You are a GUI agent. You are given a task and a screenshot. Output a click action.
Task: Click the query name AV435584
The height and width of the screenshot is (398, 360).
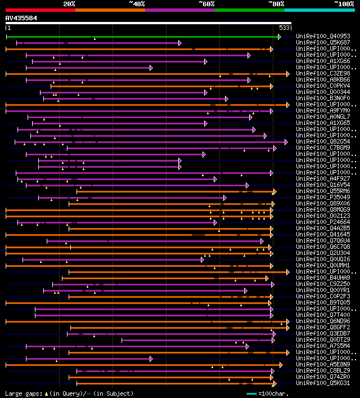point(21,18)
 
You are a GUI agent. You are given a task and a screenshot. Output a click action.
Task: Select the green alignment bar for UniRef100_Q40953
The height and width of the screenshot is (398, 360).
point(141,37)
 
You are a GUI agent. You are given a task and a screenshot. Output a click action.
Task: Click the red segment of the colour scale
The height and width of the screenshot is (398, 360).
point(40,10)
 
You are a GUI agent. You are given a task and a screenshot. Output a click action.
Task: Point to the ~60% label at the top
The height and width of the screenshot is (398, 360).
point(206,3)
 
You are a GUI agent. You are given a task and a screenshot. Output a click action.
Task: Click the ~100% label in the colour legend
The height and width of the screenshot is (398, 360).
point(344,3)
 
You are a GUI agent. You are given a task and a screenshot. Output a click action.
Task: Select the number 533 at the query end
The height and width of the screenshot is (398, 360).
point(285,28)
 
